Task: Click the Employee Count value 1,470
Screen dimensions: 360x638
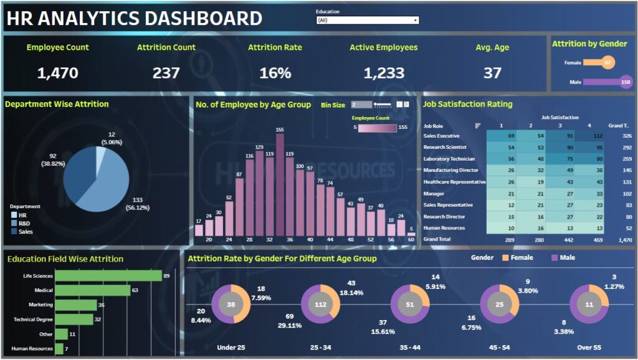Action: click(x=58, y=73)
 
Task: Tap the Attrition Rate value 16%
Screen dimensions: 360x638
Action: click(x=275, y=73)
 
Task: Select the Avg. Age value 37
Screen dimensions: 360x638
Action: click(x=492, y=73)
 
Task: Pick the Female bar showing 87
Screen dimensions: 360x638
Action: click(x=600, y=62)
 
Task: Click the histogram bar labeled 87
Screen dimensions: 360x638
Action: click(x=239, y=206)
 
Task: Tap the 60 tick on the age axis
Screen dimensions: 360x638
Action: click(x=411, y=239)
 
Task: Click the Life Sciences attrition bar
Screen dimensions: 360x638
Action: click(x=108, y=275)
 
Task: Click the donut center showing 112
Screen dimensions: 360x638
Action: click(x=320, y=305)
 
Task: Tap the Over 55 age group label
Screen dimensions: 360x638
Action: click(x=589, y=347)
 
